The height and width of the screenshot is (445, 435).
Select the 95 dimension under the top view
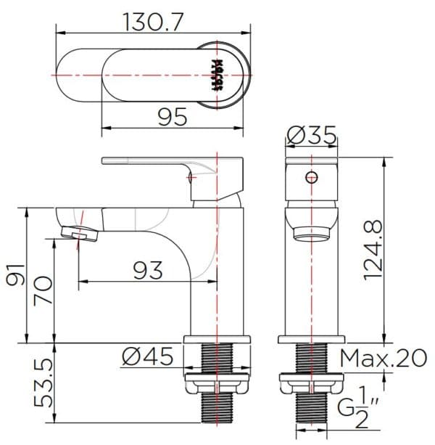click(x=172, y=115)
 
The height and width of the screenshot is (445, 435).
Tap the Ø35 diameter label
click(x=311, y=136)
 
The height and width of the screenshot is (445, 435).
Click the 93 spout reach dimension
click(x=148, y=270)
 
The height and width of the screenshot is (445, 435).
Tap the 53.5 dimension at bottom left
click(x=44, y=383)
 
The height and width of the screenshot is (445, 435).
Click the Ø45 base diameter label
click(x=148, y=356)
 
